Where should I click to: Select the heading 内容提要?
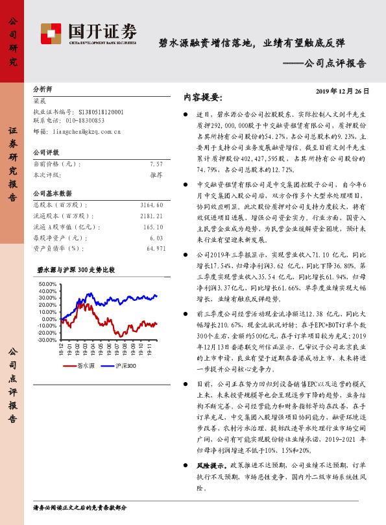click(203, 97)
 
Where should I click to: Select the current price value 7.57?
click(155, 165)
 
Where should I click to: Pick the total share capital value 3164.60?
click(152, 205)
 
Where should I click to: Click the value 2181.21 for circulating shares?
click(152, 216)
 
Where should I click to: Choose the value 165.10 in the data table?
click(153, 227)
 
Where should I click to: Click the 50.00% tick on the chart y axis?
click(48, 285)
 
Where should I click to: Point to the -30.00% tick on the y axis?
click(47, 340)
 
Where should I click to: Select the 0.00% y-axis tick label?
click(50, 319)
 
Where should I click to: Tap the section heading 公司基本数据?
click(53, 194)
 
